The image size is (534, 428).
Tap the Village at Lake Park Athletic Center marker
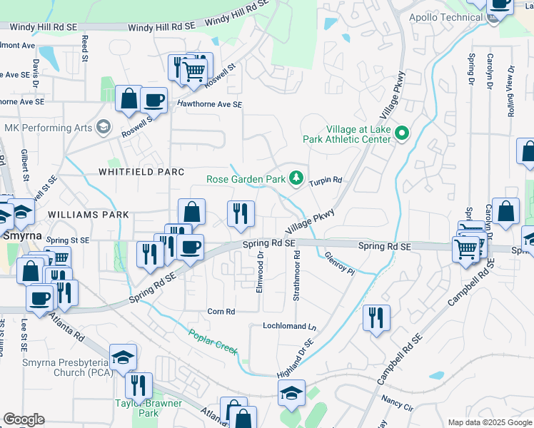coord(402,133)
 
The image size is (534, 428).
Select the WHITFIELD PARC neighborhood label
coord(141,172)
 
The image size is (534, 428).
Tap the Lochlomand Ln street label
coord(288,326)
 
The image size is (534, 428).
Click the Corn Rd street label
coord(221,312)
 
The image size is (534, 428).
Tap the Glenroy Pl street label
coord(339,263)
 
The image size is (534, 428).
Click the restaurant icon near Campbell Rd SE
coord(376,317)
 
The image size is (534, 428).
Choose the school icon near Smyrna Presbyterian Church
coord(123,357)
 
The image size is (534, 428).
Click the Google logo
coord(24,419)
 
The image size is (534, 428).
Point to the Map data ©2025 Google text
coord(489,422)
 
